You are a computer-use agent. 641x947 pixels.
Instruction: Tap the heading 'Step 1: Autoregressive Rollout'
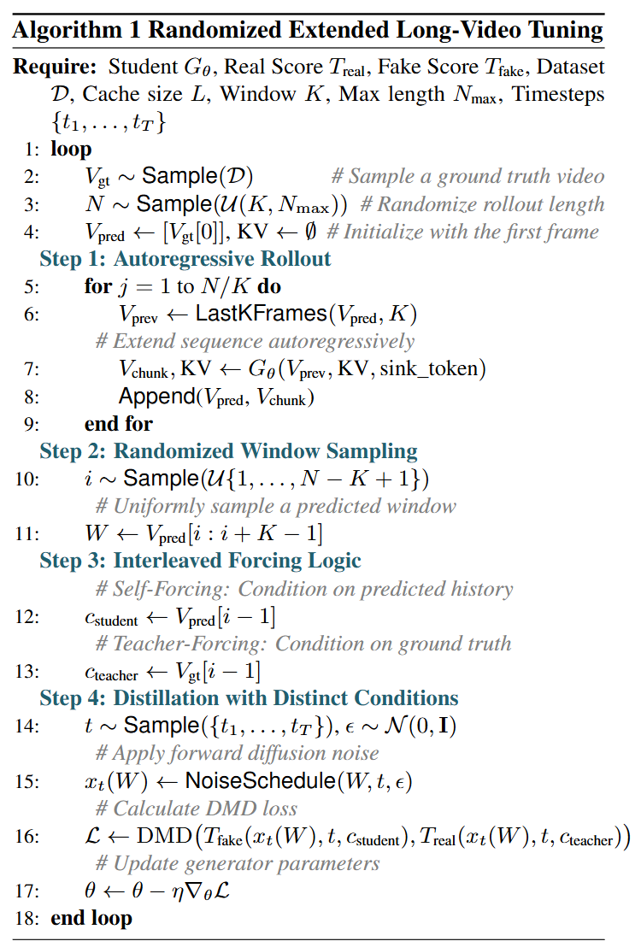185,258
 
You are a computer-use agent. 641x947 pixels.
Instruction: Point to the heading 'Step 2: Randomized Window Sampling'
228,450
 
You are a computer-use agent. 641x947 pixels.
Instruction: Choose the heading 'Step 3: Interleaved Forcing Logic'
200,561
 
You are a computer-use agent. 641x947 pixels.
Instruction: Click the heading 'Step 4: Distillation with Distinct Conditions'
249,698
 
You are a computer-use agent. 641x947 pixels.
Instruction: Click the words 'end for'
119,423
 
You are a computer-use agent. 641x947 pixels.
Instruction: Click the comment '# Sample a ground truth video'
468,176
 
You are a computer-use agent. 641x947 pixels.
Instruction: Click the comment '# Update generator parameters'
238,863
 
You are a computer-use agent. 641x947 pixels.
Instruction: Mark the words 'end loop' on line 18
91,919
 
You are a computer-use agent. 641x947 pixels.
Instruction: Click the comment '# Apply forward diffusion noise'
238,754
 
